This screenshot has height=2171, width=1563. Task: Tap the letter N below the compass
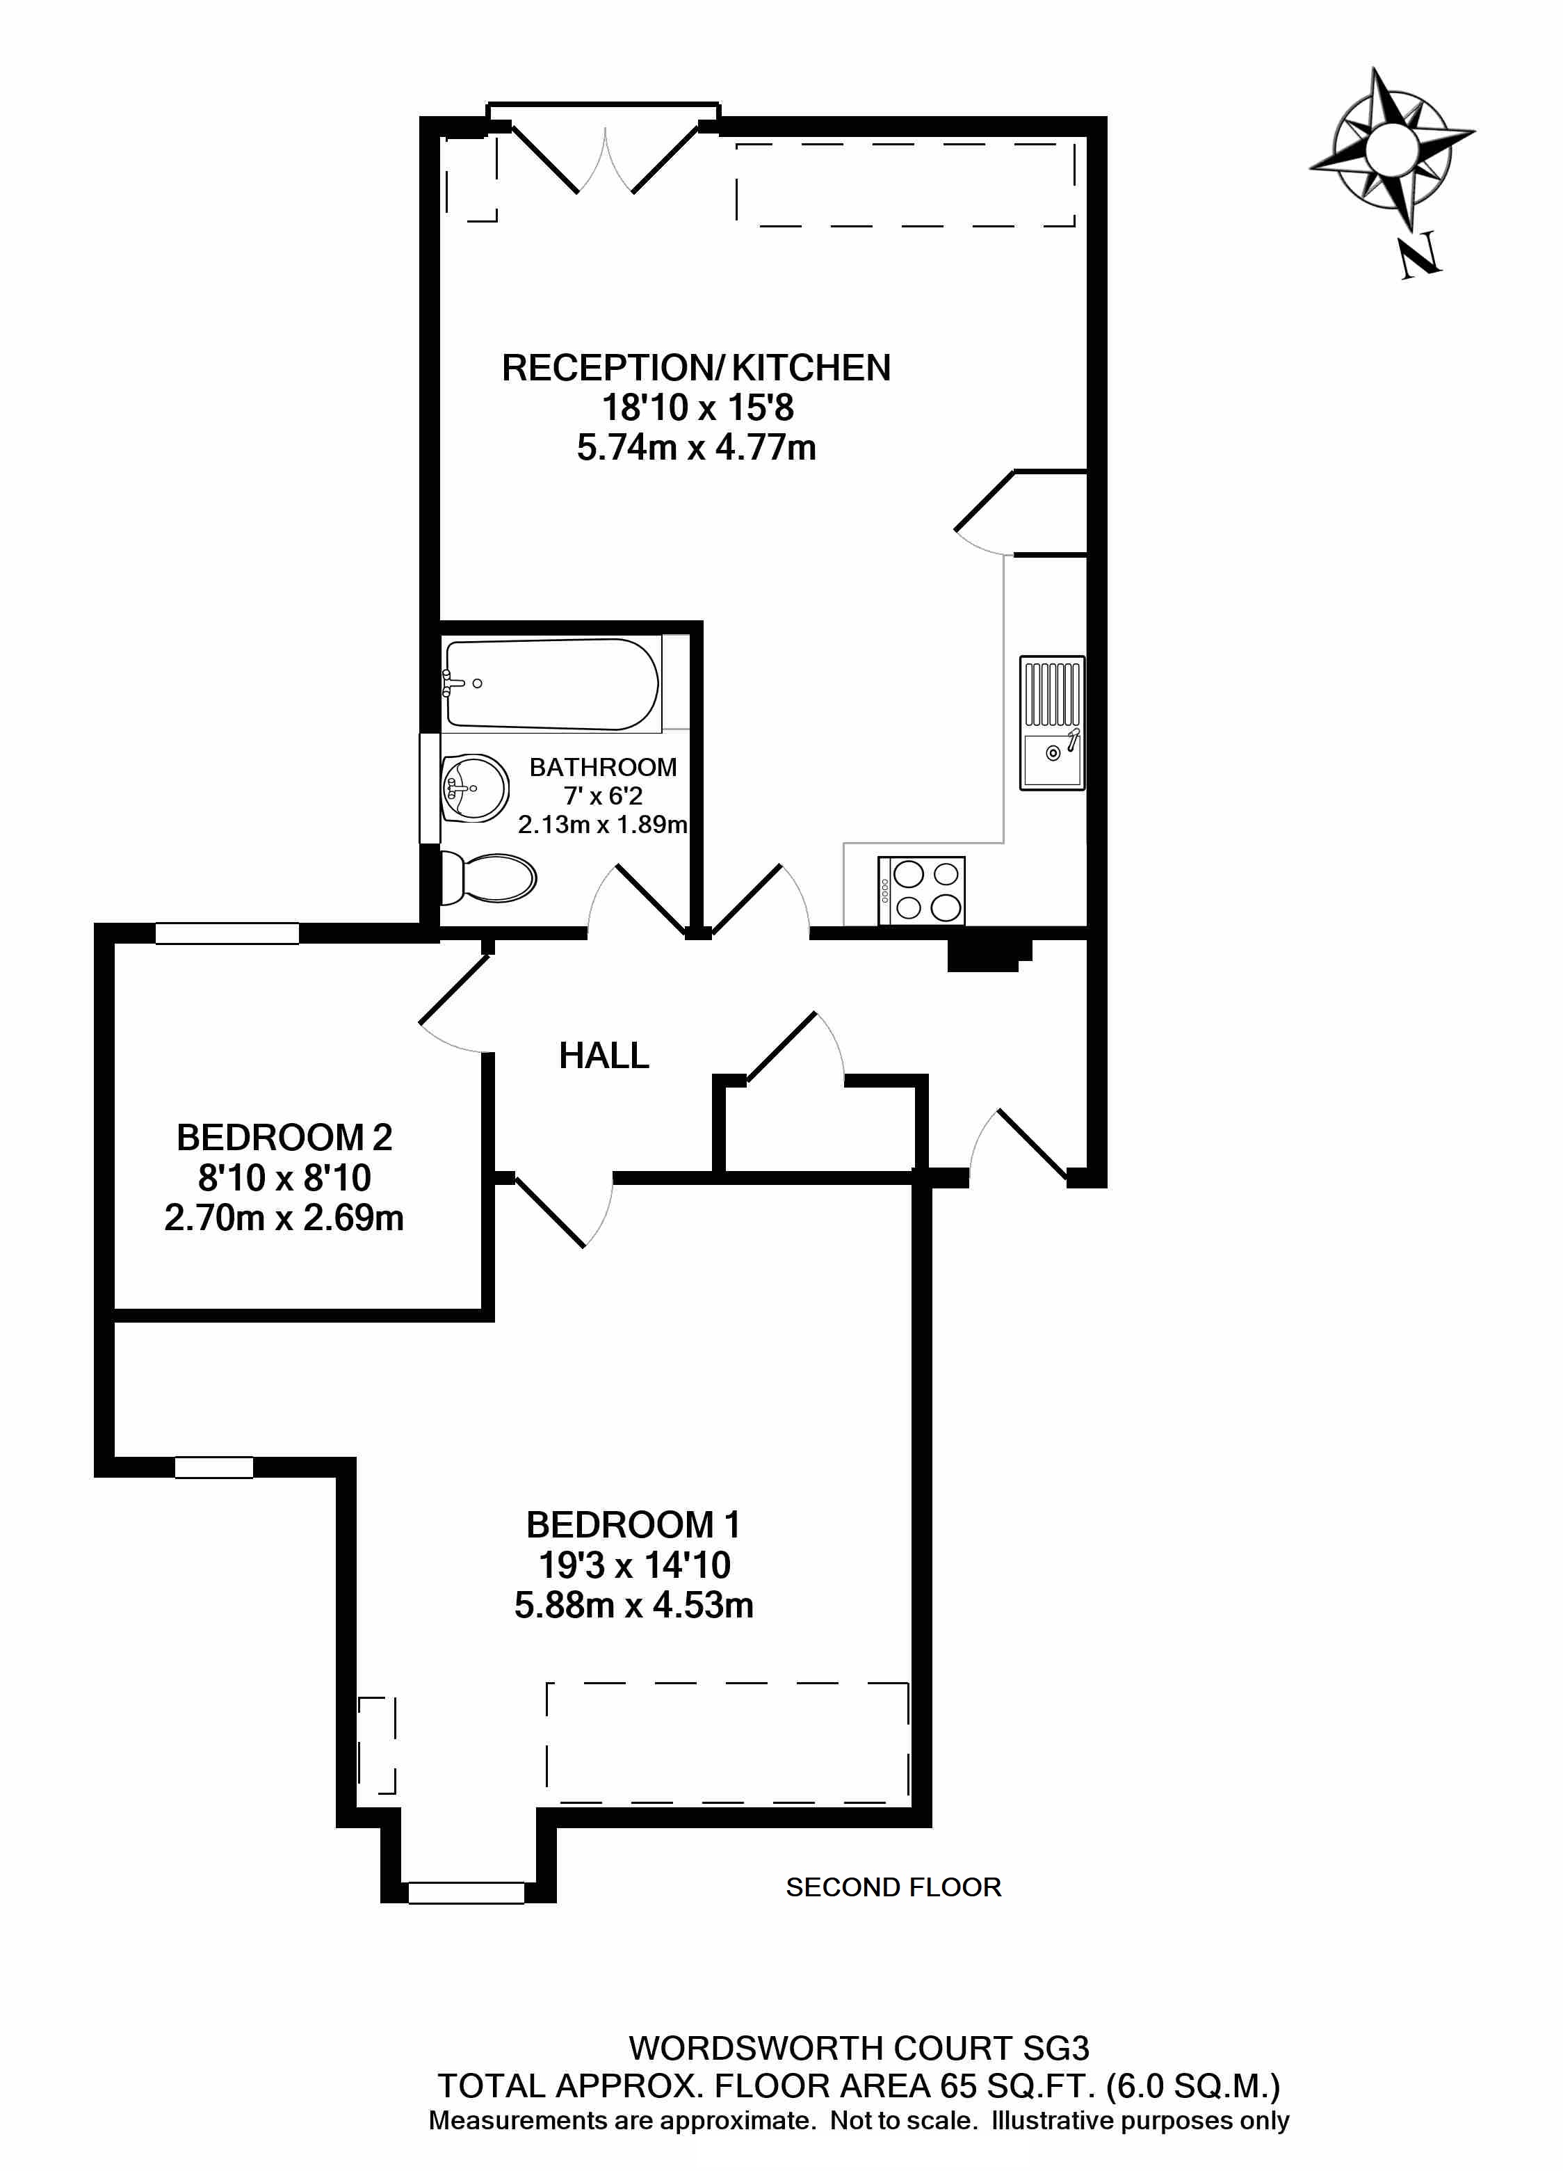1420,256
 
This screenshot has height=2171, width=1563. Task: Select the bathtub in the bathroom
552,684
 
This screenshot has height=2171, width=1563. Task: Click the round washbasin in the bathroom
476,788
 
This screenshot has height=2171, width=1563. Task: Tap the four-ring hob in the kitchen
922,890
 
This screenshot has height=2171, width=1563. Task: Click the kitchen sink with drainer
1052,723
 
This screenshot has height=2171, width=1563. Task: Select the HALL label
604,1056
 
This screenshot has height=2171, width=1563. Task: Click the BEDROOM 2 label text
284,1137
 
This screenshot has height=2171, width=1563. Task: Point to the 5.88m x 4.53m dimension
633,1605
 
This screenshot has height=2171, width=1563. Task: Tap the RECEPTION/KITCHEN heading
696,368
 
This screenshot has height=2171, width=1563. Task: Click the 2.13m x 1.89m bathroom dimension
603,824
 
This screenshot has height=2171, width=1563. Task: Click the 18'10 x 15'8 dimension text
697,407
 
